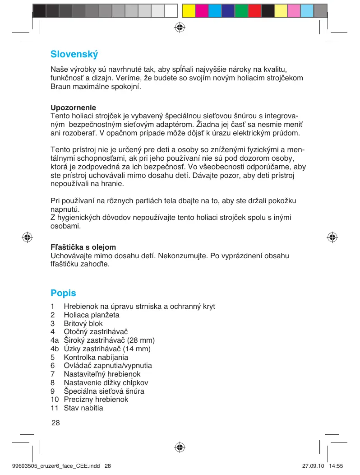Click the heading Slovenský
74,54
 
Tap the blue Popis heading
63,293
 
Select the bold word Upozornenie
73,108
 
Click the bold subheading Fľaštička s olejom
83,247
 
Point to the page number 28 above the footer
55,423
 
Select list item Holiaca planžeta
92,315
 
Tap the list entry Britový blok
83,323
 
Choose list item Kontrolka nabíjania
96,357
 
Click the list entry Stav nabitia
83,408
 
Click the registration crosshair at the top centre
180,27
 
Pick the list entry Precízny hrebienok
96,400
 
